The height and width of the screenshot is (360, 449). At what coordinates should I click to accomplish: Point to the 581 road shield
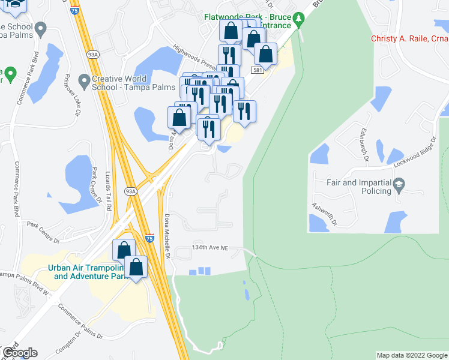258,70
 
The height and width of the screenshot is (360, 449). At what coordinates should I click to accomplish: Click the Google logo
19,353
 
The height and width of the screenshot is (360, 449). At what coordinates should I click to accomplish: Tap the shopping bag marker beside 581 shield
265,54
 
